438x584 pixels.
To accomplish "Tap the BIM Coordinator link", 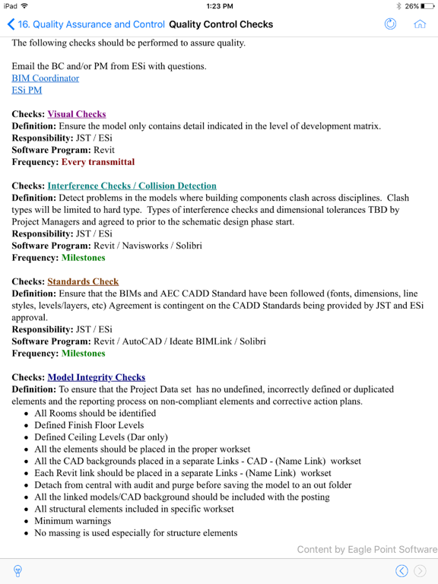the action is [x=45, y=78].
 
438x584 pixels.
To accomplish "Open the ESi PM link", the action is [x=27, y=90].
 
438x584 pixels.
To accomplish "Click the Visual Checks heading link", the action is [x=76, y=114].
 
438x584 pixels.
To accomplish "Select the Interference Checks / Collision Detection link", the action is [x=132, y=186].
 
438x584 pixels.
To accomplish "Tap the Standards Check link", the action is [x=83, y=281].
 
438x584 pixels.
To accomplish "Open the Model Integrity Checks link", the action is [x=96, y=377].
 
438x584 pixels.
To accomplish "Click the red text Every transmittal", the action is [x=97, y=162].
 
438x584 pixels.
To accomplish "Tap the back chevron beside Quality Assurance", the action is [x=11, y=24].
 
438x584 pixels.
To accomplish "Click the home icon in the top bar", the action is [x=419, y=24].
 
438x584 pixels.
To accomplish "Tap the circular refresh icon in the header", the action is [x=391, y=24].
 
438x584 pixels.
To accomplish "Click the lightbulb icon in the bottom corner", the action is [x=17, y=571].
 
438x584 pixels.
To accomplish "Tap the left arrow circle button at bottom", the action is [x=401, y=571].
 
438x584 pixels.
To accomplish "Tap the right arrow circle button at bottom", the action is [x=420, y=571].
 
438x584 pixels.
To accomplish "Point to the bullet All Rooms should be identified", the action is [x=95, y=414].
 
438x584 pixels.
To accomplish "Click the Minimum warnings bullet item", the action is [x=72, y=522].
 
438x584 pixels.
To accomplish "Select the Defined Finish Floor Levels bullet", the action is [x=89, y=426].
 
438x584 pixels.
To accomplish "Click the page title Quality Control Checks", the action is [x=221, y=24].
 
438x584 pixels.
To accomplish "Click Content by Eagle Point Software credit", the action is [x=367, y=550].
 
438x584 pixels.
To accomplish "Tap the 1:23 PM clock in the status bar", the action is [x=219, y=6].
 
